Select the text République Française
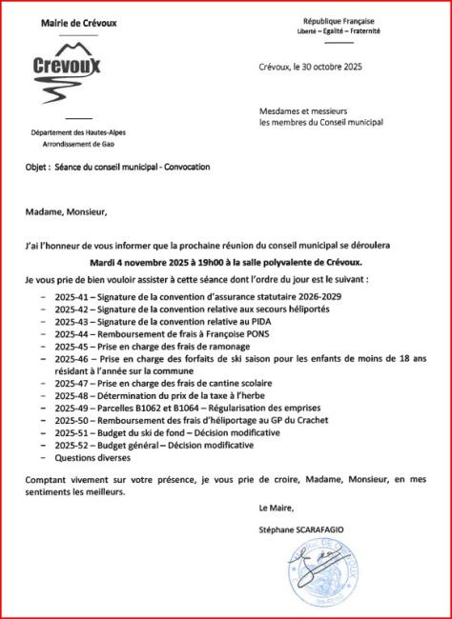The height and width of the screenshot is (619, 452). [x=339, y=20]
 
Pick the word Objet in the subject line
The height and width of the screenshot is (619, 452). [x=36, y=167]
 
